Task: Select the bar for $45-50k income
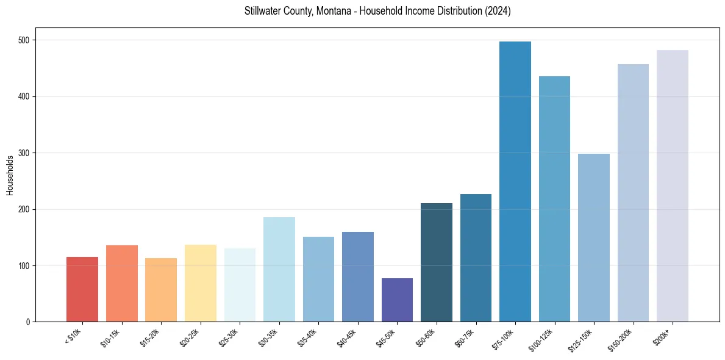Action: pos(397,300)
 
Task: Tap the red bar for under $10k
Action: pos(82,289)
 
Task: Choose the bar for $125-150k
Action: pos(593,238)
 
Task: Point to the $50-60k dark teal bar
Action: pos(437,262)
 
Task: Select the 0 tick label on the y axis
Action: pos(29,322)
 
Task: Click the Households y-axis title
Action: pos(10,175)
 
